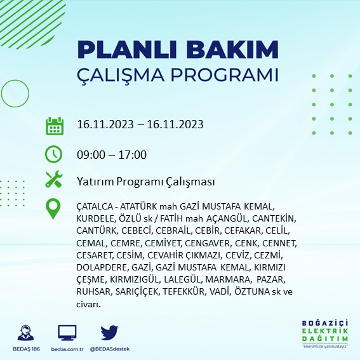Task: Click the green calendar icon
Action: coord(54,125)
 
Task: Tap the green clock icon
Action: coord(54,154)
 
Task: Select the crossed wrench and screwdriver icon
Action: coord(54,180)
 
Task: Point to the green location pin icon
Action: coord(54,208)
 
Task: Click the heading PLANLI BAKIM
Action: coord(177,50)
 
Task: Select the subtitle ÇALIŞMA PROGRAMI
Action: coord(177,74)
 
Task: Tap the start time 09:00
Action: coord(89,154)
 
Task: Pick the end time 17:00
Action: coord(133,154)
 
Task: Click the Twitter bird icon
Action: coord(110,332)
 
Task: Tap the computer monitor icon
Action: coord(67,332)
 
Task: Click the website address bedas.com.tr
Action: coord(67,349)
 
